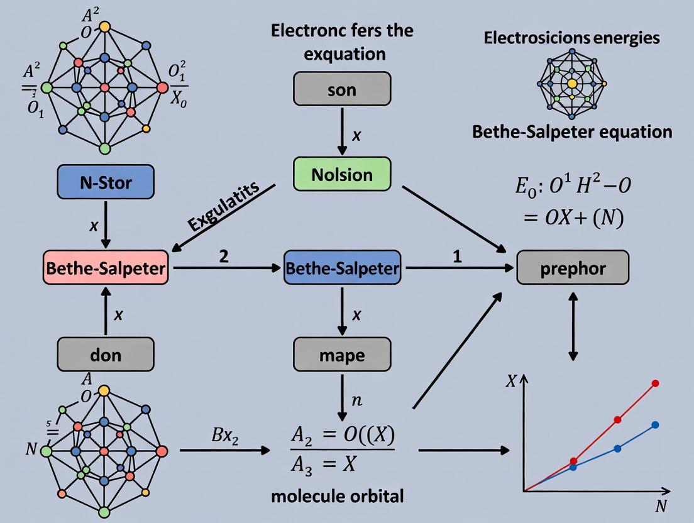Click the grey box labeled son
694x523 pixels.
pos(342,90)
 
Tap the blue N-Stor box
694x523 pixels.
pos(105,184)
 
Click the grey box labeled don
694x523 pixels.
pos(105,355)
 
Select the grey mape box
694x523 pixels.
pos(342,355)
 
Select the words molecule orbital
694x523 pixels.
pos(338,495)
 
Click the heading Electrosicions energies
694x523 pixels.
pos(571,38)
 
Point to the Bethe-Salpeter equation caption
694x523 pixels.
pos(571,132)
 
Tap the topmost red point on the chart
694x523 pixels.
pos(656,383)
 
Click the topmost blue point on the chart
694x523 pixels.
pos(656,425)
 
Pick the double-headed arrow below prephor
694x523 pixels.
pos(573,329)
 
